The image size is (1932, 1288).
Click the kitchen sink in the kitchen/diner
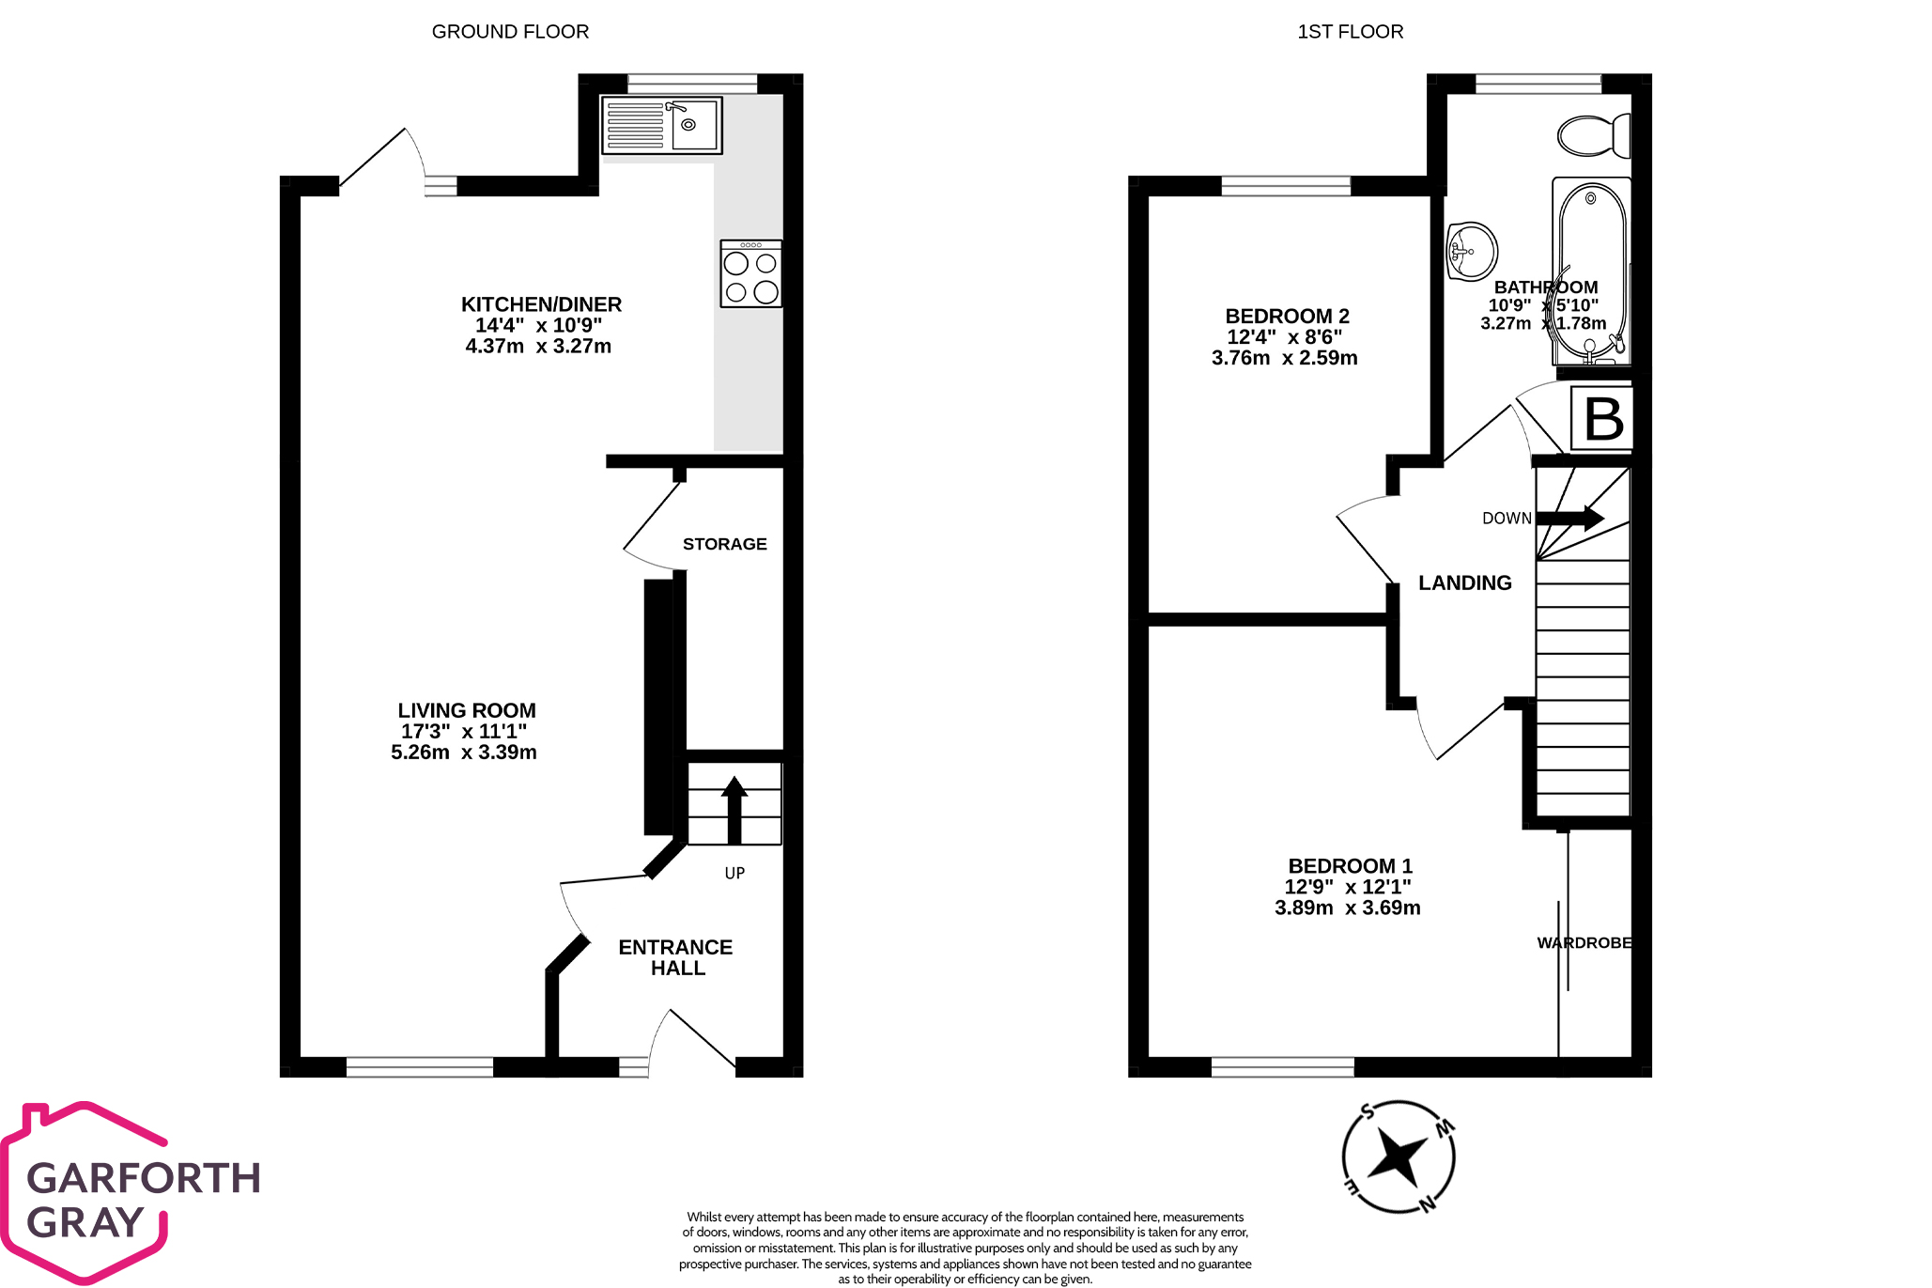click(662, 125)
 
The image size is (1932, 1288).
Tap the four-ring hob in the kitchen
click(751, 273)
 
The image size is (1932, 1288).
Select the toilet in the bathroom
click(1594, 135)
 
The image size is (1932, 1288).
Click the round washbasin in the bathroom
click(1471, 251)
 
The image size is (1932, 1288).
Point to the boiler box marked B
click(1602, 419)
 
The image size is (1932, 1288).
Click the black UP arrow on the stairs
click(734, 810)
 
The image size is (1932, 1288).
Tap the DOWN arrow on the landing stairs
click(1569, 518)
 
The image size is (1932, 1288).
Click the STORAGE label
click(724, 544)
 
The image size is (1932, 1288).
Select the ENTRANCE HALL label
click(676, 957)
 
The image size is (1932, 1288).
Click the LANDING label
click(1464, 582)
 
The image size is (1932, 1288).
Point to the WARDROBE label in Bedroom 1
click(1584, 942)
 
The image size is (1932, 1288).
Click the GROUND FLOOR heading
click(510, 31)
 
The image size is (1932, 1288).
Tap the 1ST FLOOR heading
click(1350, 31)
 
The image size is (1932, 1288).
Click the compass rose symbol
click(1398, 1156)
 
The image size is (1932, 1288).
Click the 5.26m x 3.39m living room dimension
click(463, 753)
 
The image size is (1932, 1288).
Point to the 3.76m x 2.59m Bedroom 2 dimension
click(1284, 358)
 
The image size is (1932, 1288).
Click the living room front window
click(420, 1066)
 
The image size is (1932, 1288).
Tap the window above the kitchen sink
click(692, 84)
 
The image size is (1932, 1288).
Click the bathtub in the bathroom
click(1591, 272)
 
